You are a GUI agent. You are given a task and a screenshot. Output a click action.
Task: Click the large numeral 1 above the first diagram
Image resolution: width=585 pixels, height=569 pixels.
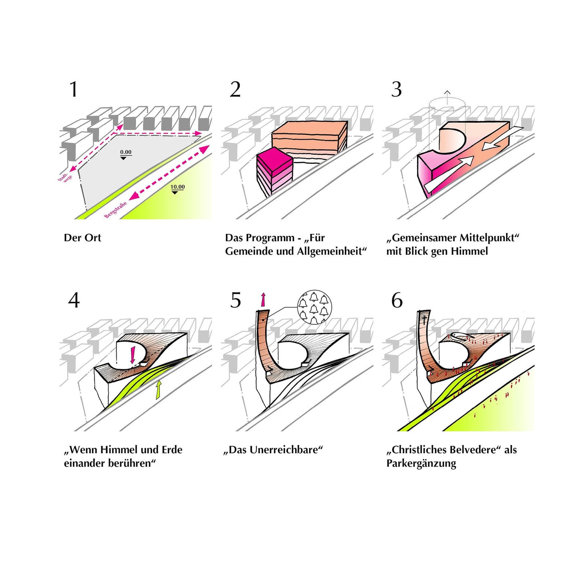[74, 90]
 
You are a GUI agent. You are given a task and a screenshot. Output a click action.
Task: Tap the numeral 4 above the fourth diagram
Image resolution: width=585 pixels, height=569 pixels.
[74, 300]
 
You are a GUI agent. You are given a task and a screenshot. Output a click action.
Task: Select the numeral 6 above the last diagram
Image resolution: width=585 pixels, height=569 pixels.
[397, 300]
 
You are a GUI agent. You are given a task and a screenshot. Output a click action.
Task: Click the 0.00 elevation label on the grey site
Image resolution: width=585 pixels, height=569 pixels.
[126, 152]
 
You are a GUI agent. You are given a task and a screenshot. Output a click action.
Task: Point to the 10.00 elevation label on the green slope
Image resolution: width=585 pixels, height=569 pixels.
[177, 187]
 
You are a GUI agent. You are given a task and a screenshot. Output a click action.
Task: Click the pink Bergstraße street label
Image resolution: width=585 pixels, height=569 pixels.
[116, 209]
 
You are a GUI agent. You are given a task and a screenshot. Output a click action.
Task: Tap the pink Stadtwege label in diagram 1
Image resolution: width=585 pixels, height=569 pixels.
[65, 177]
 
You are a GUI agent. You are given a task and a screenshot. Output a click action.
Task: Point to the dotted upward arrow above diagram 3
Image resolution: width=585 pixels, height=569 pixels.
[447, 97]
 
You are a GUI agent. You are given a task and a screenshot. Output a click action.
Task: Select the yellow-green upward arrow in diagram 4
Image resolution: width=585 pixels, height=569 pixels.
[158, 389]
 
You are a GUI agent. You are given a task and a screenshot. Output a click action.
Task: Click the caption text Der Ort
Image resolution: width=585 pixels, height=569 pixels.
[82, 238]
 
